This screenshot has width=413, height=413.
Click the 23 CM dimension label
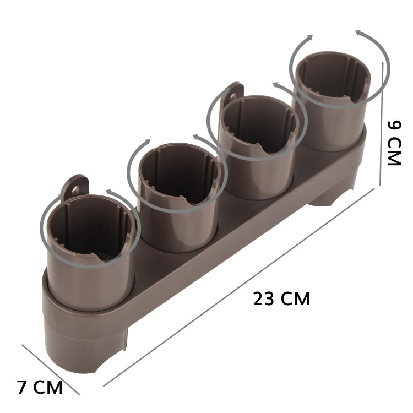(x=281, y=299)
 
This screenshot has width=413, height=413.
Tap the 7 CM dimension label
(x=40, y=387)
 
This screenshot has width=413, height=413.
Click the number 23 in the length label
(x=263, y=299)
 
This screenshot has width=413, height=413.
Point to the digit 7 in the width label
(x=22, y=387)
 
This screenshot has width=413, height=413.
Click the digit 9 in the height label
(x=394, y=124)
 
